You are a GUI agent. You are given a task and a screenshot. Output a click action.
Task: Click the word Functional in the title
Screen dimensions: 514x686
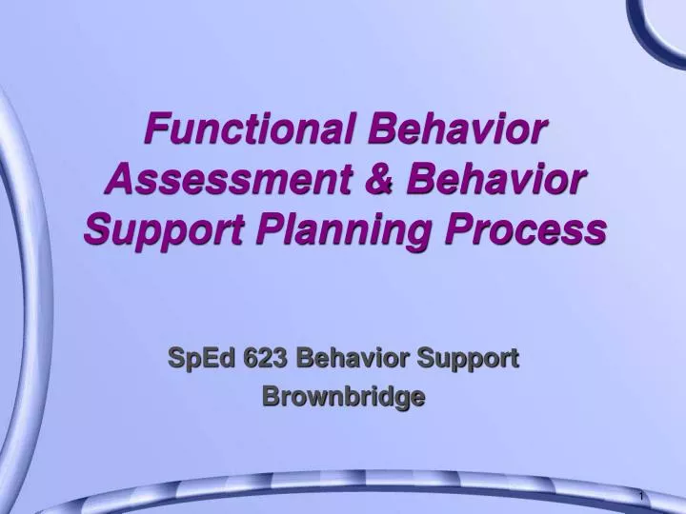tap(246, 128)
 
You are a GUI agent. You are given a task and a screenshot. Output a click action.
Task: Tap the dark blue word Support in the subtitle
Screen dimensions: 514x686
tap(471, 359)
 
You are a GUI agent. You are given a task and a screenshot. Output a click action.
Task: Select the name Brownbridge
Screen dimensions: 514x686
tap(343, 398)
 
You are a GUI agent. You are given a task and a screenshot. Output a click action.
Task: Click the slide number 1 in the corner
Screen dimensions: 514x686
tap(641, 498)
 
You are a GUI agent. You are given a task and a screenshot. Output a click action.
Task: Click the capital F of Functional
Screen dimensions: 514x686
tap(153, 128)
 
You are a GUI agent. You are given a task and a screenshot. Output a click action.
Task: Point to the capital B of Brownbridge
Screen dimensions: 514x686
tap(269, 398)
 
